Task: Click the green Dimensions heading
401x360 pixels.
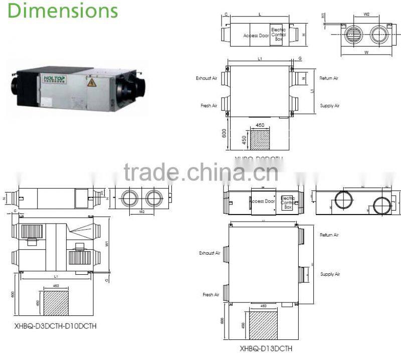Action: click(63, 10)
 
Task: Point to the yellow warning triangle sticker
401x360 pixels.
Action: click(91, 83)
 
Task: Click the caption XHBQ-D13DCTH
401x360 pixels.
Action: click(266, 348)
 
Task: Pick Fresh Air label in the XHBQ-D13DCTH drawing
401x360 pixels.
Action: click(212, 294)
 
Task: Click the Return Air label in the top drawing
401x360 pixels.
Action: click(329, 78)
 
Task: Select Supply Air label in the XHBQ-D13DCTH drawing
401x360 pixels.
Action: click(330, 274)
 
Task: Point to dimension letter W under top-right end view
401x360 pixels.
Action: click(366, 52)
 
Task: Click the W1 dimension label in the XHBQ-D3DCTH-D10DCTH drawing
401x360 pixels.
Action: click(107, 245)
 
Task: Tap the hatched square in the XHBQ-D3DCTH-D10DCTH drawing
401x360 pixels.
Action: click(56, 302)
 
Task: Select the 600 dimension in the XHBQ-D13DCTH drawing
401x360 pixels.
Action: click(222, 321)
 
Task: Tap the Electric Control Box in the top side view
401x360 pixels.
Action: click(278, 34)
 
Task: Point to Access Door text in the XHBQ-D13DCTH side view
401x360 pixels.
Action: click(262, 201)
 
